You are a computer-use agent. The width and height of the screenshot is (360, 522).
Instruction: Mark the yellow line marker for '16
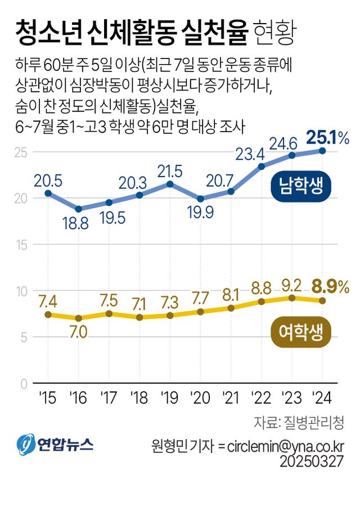79,318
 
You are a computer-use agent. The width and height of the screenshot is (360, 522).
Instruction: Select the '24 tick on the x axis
322,398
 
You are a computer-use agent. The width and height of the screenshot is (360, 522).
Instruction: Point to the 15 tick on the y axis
22,245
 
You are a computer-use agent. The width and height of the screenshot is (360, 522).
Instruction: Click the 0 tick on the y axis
24,384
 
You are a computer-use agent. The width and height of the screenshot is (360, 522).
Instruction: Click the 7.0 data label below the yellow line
78,332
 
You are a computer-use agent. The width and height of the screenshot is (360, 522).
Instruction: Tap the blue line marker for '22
262,166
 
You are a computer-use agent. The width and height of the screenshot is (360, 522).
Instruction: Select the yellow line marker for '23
292,298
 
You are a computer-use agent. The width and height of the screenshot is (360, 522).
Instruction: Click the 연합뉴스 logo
55,445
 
